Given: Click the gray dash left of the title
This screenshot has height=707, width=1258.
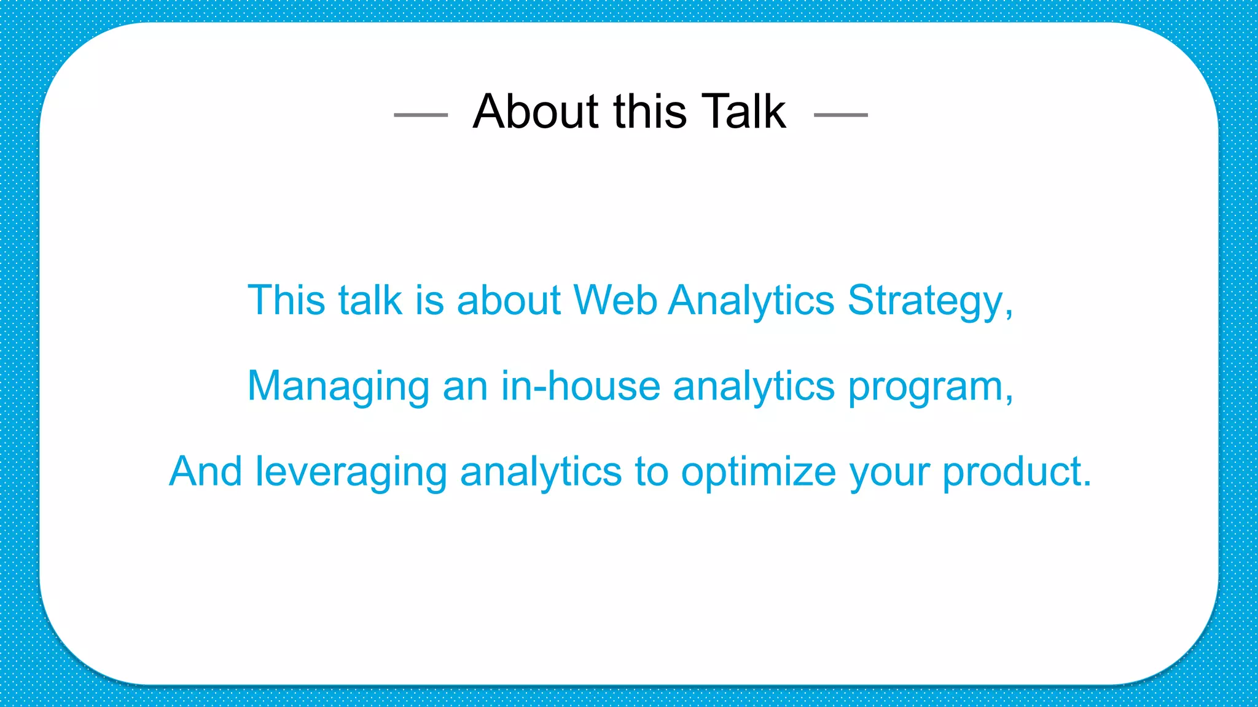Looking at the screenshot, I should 421,115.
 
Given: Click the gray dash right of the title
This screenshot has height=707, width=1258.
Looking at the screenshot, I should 840,115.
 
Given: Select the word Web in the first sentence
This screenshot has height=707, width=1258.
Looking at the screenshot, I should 614,301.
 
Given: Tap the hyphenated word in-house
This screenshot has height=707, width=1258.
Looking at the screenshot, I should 580,387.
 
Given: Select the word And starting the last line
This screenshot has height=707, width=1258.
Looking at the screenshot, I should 205,472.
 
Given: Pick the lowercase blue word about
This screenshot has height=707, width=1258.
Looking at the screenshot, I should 509,301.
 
